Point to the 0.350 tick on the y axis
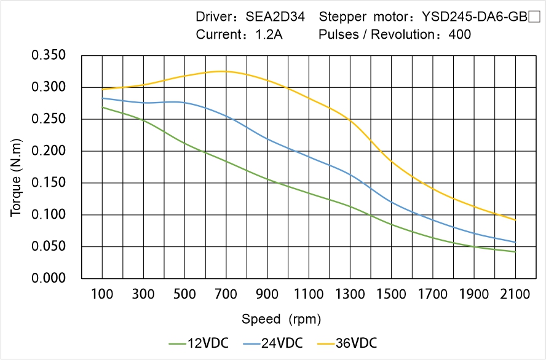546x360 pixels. point(48,56)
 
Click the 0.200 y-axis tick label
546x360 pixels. point(48,151)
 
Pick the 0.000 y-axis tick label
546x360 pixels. point(48,278)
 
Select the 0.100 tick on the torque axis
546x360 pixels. point(48,215)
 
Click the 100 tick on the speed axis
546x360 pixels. point(102,294)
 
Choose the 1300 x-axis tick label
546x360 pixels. point(350,294)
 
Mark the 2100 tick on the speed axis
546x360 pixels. point(515,294)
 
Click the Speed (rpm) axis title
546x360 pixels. point(281,319)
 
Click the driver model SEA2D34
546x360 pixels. point(275,17)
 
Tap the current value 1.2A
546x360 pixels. point(269,35)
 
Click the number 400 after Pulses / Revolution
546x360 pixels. point(460,35)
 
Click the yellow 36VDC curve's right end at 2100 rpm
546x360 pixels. point(515,220)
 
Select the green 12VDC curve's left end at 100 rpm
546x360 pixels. point(103,108)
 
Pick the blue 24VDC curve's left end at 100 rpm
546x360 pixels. point(103,98)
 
